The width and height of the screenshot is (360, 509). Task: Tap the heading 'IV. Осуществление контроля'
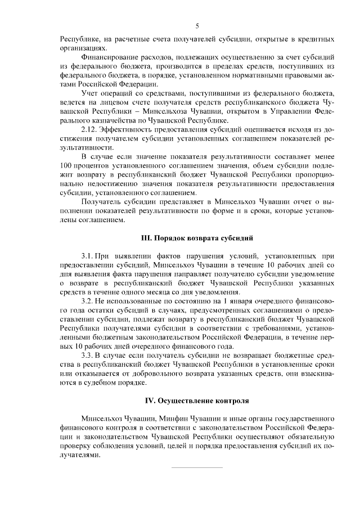click(x=197, y=400)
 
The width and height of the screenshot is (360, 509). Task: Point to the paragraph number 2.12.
click(x=89, y=129)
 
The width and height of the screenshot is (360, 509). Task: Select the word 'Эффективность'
click(x=124, y=129)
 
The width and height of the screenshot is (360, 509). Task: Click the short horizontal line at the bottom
click(x=197, y=467)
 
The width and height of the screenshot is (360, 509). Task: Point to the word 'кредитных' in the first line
click(x=317, y=39)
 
